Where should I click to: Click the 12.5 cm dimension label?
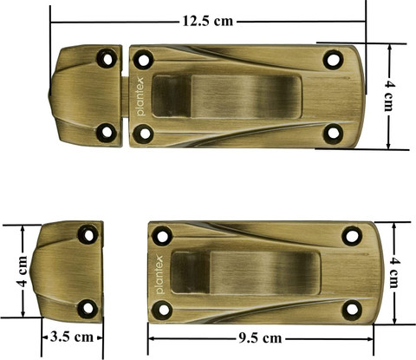[208, 19]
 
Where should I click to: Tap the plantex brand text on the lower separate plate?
[160, 272]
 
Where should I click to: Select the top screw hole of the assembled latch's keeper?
[107, 59]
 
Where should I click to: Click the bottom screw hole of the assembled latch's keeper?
[107, 133]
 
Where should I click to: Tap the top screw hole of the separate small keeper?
[88, 234]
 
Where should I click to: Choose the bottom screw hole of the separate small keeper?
[88, 308]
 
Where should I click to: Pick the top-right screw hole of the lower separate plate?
[351, 235]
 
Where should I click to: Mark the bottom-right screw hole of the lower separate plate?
[351, 310]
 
